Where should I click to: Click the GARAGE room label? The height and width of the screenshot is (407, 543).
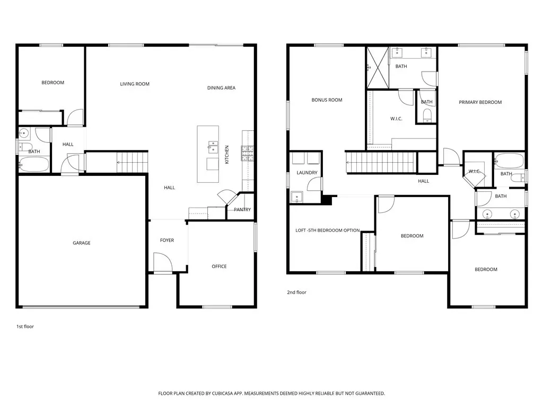[x=81, y=243]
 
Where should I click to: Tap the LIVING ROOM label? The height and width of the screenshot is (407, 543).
[x=135, y=84]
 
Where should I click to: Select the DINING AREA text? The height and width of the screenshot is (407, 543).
[x=221, y=88]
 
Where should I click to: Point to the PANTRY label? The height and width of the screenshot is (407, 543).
[x=242, y=209]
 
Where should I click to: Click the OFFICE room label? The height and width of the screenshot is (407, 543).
[x=219, y=267]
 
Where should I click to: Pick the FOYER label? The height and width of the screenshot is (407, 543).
[x=167, y=240]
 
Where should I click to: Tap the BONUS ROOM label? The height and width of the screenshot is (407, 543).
[x=327, y=100]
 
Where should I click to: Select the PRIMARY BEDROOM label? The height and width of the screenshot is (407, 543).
[x=480, y=102]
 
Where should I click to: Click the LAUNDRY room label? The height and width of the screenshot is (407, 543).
[x=307, y=173]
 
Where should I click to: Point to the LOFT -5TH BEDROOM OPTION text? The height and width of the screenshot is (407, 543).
[x=328, y=231]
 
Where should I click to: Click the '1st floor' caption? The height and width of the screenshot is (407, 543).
[x=25, y=326]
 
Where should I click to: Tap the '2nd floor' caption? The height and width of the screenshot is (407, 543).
[x=297, y=293]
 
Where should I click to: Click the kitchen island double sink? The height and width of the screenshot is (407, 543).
[x=213, y=147]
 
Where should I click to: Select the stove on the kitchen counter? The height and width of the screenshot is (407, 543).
[x=248, y=153]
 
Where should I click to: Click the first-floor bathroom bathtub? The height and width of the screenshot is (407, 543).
[x=33, y=164]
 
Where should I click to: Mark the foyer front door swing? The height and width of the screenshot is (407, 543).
[x=163, y=262]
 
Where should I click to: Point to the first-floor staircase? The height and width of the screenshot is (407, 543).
[x=132, y=162]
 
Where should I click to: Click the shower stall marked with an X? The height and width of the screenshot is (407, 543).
[x=378, y=68]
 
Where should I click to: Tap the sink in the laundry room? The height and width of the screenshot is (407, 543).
[x=297, y=197]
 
